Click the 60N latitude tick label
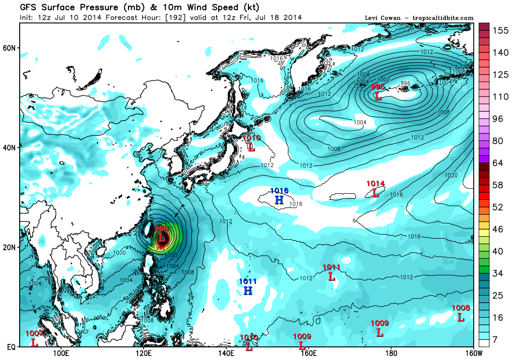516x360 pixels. pyautogui.click(x=10, y=48)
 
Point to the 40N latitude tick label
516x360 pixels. pyautogui.click(x=10, y=148)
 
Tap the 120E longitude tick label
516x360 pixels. pyautogui.click(x=143, y=353)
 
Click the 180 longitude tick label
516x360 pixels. pyautogui.click(x=391, y=353)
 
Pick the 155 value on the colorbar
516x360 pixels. pyautogui.click(x=500, y=30)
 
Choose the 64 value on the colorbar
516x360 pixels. pyautogui.click(x=498, y=163)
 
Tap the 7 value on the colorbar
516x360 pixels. pyautogui.click(x=496, y=340)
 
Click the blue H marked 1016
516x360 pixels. pyautogui.click(x=279, y=200)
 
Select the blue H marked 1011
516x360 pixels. pyautogui.click(x=248, y=291)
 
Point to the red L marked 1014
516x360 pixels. pyautogui.click(x=375, y=192)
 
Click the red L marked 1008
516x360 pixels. pyautogui.click(x=461, y=317)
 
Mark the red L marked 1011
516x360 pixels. pyautogui.click(x=332, y=276)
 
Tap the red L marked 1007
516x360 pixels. pyautogui.click(x=34, y=342)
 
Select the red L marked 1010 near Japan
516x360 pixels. pyautogui.click(x=251, y=147)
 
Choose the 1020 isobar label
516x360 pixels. pyautogui.click(x=451, y=176)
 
